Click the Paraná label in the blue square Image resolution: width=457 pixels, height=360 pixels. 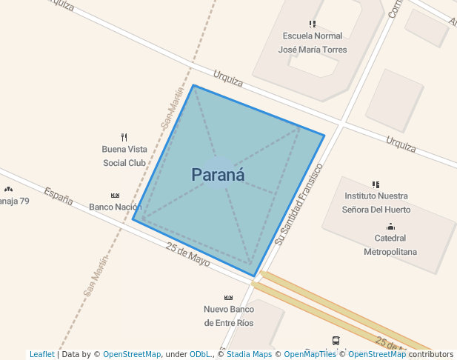[218, 175]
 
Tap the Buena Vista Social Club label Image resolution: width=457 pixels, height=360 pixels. [124, 156]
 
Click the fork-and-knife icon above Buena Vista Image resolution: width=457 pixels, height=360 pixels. [124, 137]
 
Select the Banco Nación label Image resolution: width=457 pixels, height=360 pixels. [115, 207]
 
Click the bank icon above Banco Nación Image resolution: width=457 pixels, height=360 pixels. [115, 196]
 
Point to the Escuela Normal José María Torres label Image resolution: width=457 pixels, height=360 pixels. [312, 43]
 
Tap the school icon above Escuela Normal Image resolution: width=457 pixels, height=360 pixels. [313, 24]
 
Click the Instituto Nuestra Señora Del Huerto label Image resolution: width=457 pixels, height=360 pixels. [376, 202]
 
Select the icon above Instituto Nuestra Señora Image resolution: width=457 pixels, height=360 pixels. [376, 184]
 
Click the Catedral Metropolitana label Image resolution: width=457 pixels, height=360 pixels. [390, 245]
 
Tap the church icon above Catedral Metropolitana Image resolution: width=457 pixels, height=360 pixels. [390, 227]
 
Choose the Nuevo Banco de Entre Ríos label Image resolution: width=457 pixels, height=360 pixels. [229, 316]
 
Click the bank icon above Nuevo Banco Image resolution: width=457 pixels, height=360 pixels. [229, 298]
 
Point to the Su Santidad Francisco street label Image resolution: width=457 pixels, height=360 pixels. [299, 204]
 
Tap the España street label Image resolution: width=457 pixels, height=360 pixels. [58, 196]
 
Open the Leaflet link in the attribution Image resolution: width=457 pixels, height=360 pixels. [41, 355]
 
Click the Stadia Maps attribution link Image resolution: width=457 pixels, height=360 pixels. [249, 355]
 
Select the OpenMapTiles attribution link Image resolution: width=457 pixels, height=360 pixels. [310, 355]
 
